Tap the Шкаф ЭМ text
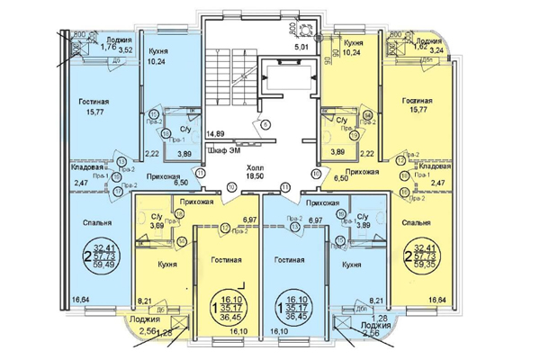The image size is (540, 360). point(220,150)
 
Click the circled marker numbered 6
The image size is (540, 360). point(265,124)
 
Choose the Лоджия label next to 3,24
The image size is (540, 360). point(422,40)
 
